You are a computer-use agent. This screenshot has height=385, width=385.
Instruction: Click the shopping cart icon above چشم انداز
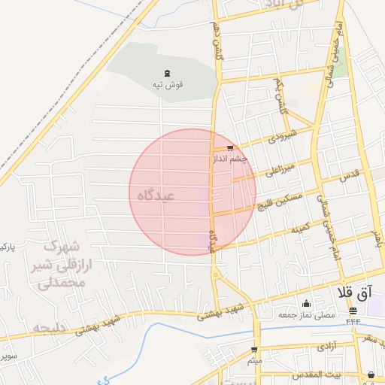[x=229, y=148]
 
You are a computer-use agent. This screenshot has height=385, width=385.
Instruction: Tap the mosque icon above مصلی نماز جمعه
[x=306, y=304]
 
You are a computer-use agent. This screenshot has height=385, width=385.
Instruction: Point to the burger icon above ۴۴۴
[x=353, y=311]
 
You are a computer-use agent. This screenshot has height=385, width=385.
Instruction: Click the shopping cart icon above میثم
[x=255, y=350]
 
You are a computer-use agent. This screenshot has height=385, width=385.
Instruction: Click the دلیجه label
[x=50, y=328]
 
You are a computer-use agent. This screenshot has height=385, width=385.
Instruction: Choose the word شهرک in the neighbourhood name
[x=61, y=246]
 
